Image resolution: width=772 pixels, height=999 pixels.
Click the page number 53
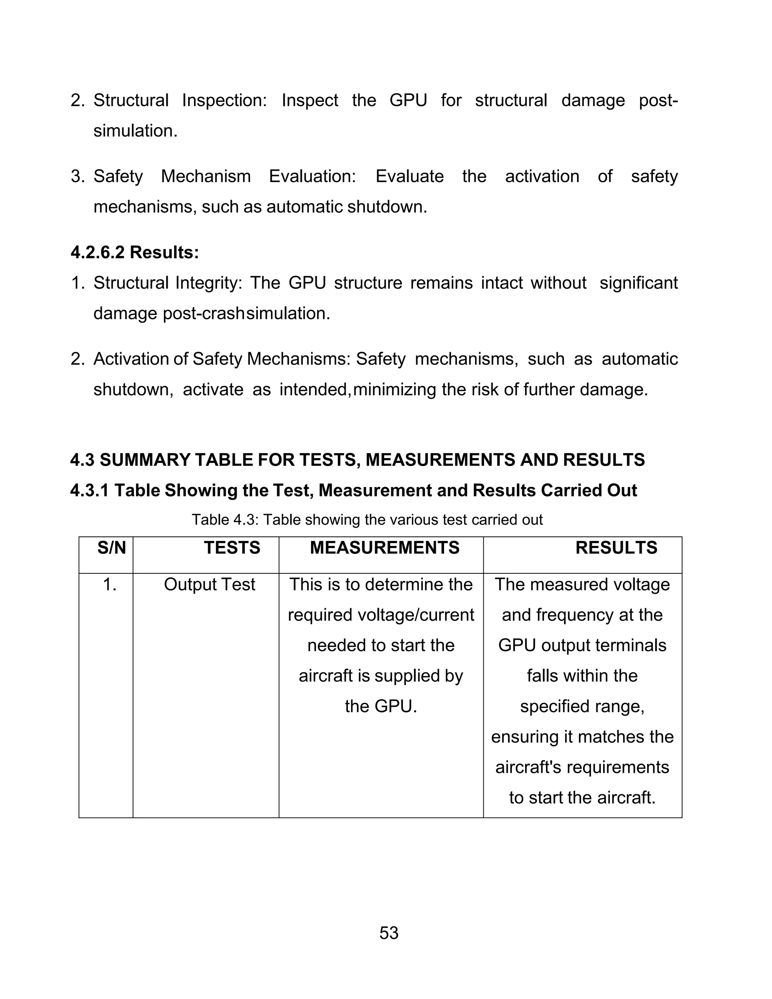tap(389, 933)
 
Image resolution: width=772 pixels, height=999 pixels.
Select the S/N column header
tap(111, 547)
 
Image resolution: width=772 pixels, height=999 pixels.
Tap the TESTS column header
tap(232, 547)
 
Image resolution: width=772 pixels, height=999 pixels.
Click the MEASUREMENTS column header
tap(384, 547)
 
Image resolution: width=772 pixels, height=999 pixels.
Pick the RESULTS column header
tap(616, 547)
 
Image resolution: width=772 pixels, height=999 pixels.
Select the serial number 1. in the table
tap(109, 585)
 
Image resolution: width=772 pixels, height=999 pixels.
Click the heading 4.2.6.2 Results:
tap(135, 252)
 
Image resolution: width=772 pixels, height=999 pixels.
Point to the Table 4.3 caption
tap(367, 519)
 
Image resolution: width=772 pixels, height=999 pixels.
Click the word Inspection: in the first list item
tap(224, 100)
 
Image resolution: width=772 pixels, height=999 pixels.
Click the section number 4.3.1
tap(89, 490)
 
